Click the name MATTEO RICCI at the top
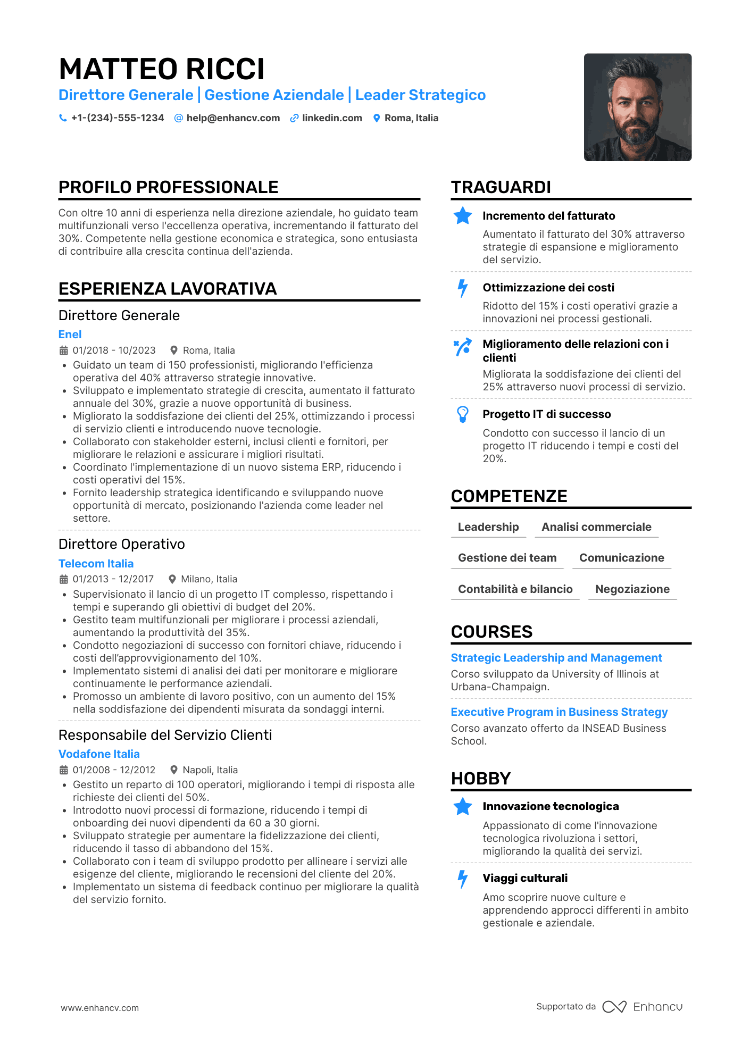(162, 69)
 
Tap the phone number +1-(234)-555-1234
(118, 118)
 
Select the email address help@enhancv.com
(233, 118)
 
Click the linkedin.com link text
(332, 118)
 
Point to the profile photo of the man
(637, 107)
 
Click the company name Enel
(70, 335)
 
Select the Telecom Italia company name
(96, 564)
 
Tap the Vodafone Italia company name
(99, 754)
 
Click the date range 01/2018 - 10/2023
(114, 350)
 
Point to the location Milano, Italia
(209, 579)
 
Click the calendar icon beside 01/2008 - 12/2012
(64, 770)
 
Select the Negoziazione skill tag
(632, 589)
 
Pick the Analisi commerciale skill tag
(596, 527)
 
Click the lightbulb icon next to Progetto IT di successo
(463, 414)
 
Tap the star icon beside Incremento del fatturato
(463, 216)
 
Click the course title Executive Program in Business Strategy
(559, 712)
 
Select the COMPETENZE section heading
(509, 496)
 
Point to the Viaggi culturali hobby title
(525, 878)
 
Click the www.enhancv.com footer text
(99, 1008)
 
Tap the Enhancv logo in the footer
(643, 1007)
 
